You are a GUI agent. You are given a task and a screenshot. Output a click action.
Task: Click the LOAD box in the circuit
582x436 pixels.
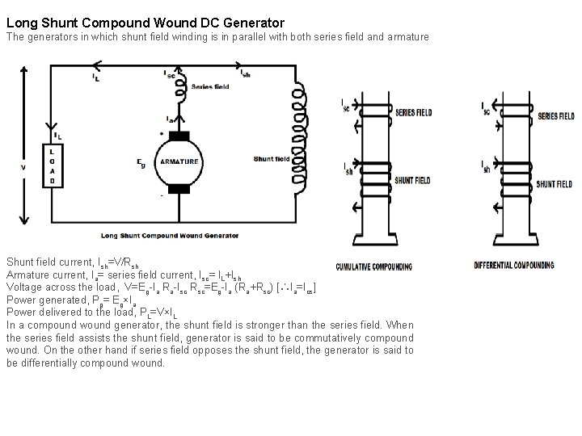52,166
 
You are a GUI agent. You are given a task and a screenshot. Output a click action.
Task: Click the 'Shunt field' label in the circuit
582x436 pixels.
271,159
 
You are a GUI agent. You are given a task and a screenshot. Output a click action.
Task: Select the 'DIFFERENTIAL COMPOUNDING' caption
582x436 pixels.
513,265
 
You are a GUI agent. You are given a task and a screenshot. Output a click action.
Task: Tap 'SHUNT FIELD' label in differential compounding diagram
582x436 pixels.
555,183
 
